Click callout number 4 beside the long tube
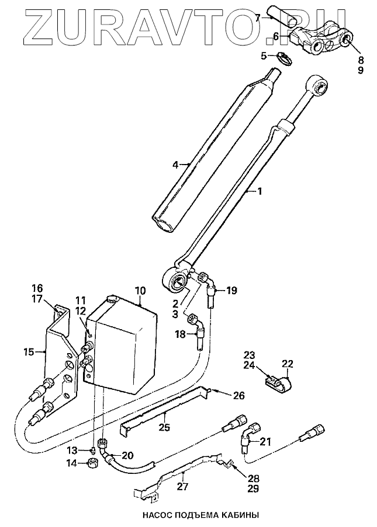click(x=175, y=165)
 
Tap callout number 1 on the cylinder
click(x=260, y=191)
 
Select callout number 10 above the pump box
click(x=140, y=290)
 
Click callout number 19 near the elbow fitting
click(x=231, y=289)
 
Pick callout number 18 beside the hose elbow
click(x=181, y=334)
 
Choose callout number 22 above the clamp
click(x=287, y=364)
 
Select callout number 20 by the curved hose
click(x=128, y=456)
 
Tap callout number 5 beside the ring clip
click(x=264, y=56)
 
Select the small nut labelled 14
click(x=92, y=465)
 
